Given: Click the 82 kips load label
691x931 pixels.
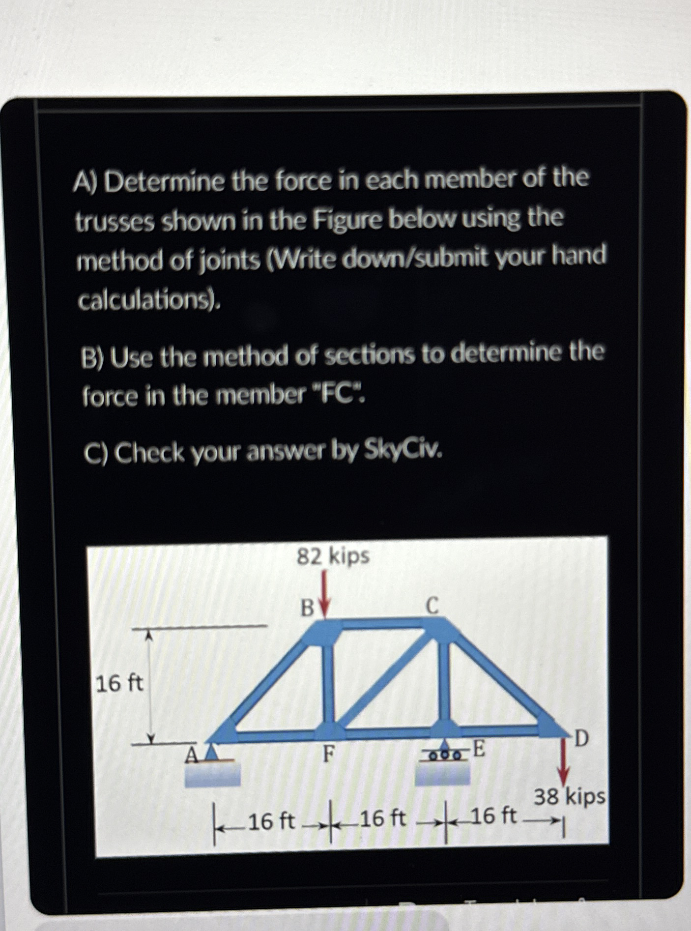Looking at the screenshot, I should coord(333,556).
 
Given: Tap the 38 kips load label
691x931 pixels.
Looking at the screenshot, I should coord(570,796).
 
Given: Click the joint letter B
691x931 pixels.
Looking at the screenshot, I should coord(307,609).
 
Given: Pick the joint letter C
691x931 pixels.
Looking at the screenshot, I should coord(432,606).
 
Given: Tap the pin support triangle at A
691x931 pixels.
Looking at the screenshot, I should coord(212,752).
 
